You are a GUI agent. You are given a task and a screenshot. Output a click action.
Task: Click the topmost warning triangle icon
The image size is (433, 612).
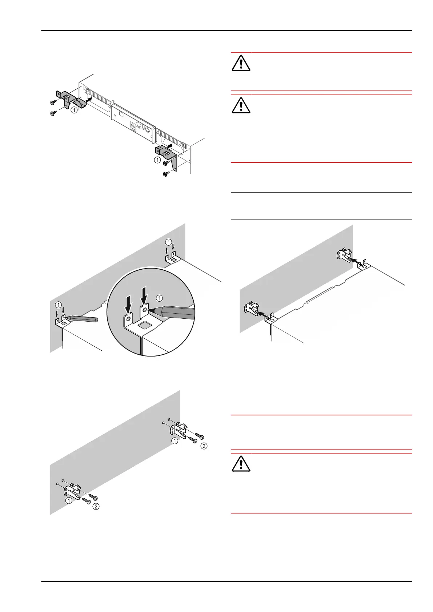pyautogui.click(x=241, y=63)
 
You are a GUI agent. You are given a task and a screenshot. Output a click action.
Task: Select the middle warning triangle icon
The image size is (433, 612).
pyautogui.click(x=241, y=105)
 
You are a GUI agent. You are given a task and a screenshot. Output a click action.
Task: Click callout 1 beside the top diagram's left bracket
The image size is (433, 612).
pyautogui.click(x=74, y=109)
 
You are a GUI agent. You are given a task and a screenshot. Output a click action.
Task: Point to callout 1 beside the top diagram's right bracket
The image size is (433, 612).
pyautogui.click(x=157, y=160)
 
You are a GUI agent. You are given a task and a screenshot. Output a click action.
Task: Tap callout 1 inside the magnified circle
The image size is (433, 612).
pyautogui.click(x=159, y=298)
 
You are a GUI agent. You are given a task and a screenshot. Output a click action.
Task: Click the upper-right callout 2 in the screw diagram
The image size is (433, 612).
pyautogui.click(x=204, y=446)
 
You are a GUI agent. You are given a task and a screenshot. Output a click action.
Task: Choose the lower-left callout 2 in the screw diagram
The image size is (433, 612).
pyautogui.click(x=96, y=506)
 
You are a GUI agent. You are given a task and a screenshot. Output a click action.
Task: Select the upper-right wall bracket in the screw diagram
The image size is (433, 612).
pyautogui.click(x=179, y=430)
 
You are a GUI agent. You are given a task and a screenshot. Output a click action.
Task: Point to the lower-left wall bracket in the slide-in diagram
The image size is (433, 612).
pyautogui.click(x=250, y=309)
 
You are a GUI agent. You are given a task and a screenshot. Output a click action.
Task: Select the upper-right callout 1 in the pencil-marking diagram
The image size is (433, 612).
pyautogui.click(x=168, y=242)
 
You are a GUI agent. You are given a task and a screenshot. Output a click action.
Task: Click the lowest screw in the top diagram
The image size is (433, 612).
pyautogui.click(x=166, y=174)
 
